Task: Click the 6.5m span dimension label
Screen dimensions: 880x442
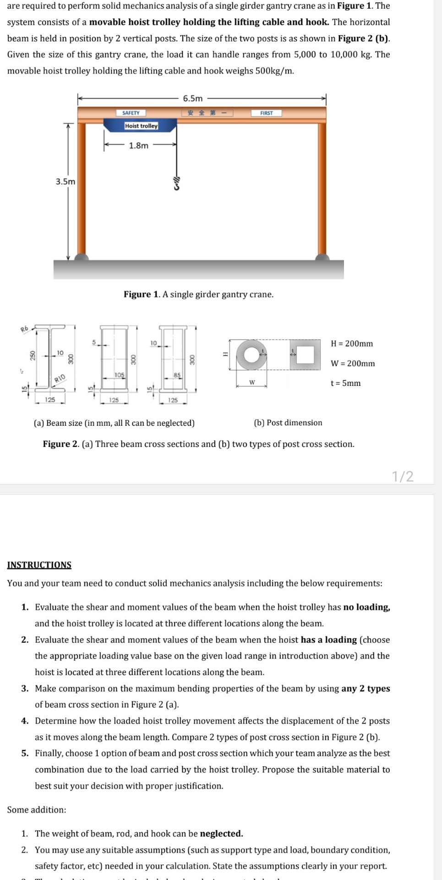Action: coord(192,99)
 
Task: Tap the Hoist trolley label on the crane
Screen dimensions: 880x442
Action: coord(141,126)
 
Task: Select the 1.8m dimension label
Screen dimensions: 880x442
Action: coord(138,145)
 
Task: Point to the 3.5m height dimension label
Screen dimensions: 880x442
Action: coord(65,181)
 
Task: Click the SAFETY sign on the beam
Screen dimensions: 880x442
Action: coord(131,113)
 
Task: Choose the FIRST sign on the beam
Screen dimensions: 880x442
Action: coord(266,113)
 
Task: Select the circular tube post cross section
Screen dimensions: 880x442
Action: coord(251,355)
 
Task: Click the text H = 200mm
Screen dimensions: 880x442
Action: coord(352,343)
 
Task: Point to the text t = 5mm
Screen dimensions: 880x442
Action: coord(345,383)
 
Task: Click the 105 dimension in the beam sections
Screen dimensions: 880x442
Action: coord(119,375)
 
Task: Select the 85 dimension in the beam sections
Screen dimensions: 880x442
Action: coord(177,375)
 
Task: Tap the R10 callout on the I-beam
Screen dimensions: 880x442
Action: coord(60,378)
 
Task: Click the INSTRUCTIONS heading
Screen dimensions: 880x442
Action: coord(39,565)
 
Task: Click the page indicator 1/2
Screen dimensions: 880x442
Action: coord(403,476)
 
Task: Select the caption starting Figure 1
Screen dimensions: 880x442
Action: coord(198,294)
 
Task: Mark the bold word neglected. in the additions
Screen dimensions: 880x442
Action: coord(222,833)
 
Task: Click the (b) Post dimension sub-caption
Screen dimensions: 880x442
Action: coord(288,423)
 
